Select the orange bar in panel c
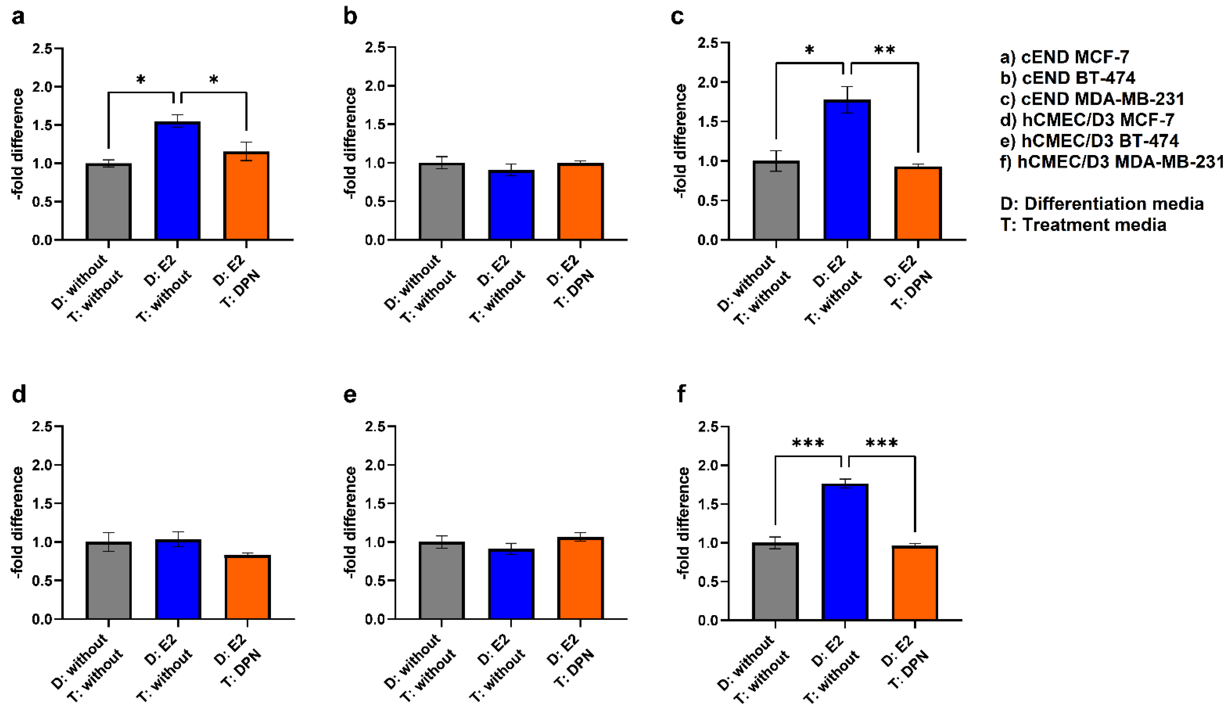pyautogui.click(x=918, y=204)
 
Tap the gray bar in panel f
pyautogui.click(x=775, y=581)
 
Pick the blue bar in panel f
pyautogui.click(x=845, y=552)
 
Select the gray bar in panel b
pyautogui.click(x=441, y=202)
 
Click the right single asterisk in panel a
pyautogui.click(x=214, y=80)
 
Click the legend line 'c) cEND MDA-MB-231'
pyautogui.click(x=1092, y=99)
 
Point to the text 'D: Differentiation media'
pyautogui.click(x=1102, y=204)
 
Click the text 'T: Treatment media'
pyautogui.click(x=1083, y=225)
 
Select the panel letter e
pyautogui.click(x=350, y=394)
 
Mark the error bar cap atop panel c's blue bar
pyautogui.click(x=847, y=87)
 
